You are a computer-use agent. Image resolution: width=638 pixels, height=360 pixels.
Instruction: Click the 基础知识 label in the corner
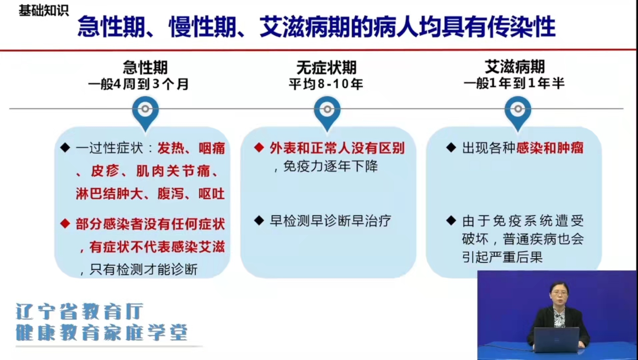tap(44, 10)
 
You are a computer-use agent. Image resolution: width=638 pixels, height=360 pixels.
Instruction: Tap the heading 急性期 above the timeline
tap(145, 67)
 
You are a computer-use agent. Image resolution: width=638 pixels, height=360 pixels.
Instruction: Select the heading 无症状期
tap(327, 68)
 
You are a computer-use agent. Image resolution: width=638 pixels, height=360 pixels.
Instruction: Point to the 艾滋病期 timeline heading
tap(515, 67)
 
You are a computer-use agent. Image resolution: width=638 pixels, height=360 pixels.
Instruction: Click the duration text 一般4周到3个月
tap(138, 84)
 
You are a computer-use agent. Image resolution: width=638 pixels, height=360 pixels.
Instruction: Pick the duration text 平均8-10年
tap(326, 84)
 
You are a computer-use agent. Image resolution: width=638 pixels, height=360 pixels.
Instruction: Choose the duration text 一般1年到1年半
tap(514, 83)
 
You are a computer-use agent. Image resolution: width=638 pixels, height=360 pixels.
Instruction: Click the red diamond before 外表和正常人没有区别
tap(259, 148)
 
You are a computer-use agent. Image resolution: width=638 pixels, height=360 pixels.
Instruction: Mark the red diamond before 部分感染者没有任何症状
tap(65, 223)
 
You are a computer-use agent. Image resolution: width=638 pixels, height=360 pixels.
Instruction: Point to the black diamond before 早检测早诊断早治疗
tap(259, 220)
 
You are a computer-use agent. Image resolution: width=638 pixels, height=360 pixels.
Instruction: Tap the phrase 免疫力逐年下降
tap(330, 166)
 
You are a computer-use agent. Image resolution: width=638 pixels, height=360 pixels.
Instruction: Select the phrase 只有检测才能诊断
tap(143, 269)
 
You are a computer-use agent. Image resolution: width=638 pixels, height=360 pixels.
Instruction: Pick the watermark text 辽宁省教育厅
tap(79, 311)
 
